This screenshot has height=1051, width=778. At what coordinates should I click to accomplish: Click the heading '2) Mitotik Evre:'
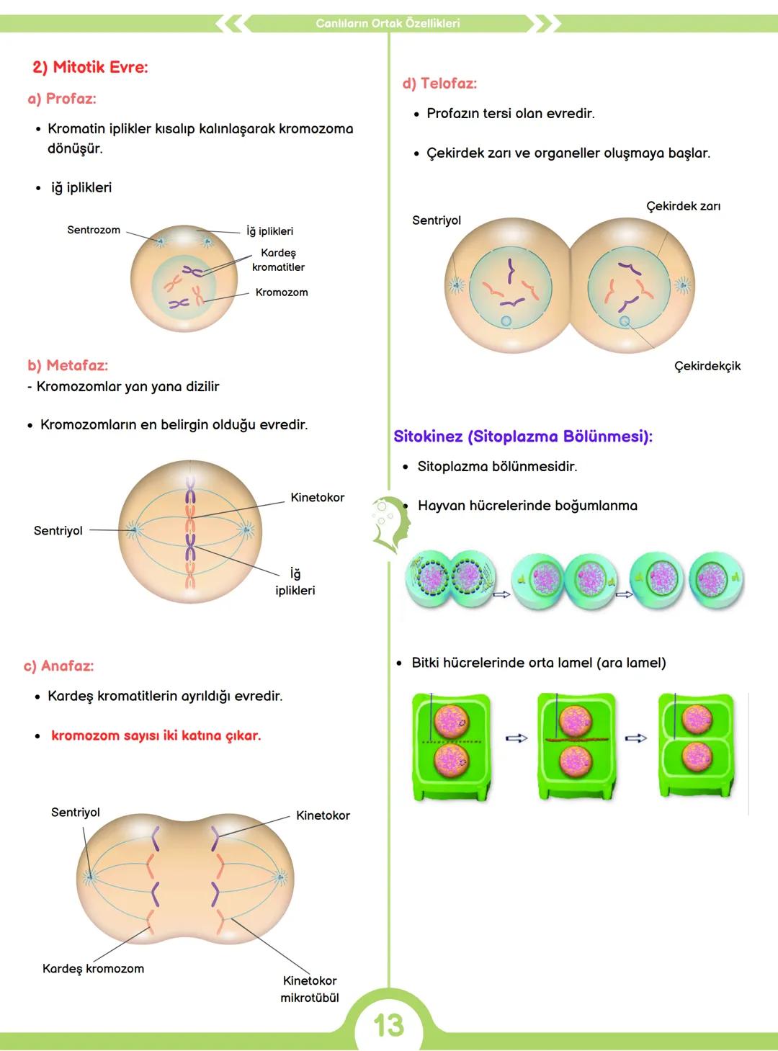(x=90, y=68)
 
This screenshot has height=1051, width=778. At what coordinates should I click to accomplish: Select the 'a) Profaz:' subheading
(x=62, y=99)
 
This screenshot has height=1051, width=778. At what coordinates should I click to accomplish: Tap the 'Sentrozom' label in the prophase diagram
(x=94, y=230)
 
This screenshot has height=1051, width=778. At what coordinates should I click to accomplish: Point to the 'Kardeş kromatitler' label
(x=278, y=260)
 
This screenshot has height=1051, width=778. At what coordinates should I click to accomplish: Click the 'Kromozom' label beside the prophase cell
(x=282, y=292)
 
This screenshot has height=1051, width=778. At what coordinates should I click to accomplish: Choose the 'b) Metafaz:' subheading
(x=68, y=365)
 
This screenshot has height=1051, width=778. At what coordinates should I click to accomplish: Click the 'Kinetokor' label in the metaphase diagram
(x=317, y=498)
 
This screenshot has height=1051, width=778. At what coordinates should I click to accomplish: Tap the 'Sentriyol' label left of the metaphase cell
(x=58, y=531)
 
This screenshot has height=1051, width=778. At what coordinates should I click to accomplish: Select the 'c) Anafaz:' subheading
(x=59, y=666)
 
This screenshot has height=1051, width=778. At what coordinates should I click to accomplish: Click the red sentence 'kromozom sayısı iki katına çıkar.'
(x=156, y=735)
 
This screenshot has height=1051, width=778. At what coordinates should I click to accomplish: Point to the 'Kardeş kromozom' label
(x=93, y=969)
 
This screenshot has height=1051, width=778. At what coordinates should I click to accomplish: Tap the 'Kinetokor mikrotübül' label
(x=310, y=989)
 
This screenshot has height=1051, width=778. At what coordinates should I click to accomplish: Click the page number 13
(x=389, y=1026)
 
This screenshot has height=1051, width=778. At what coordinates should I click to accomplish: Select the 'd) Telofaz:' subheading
(x=440, y=84)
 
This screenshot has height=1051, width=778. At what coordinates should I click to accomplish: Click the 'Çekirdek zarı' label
(x=683, y=206)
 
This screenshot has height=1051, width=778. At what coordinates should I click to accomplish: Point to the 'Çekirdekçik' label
(x=707, y=366)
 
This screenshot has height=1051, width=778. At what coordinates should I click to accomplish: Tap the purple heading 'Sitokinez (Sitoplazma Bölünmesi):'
(x=523, y=437)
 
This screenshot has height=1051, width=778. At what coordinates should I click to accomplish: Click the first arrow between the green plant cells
(x=517, y=738)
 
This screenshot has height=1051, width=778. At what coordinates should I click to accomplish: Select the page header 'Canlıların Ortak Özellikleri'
(x=388, y=23)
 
